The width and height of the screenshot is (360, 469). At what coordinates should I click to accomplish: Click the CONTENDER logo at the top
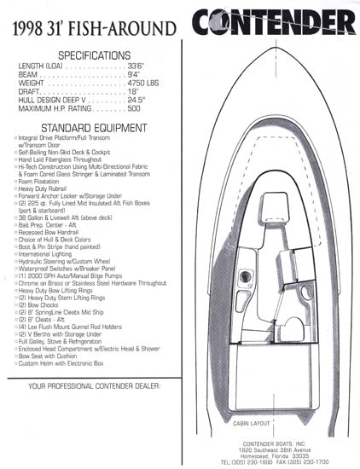pyautogui.click(x=273, y=20)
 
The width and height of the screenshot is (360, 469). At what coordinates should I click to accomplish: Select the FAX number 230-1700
pyautogui.click(x=316, y=463)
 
